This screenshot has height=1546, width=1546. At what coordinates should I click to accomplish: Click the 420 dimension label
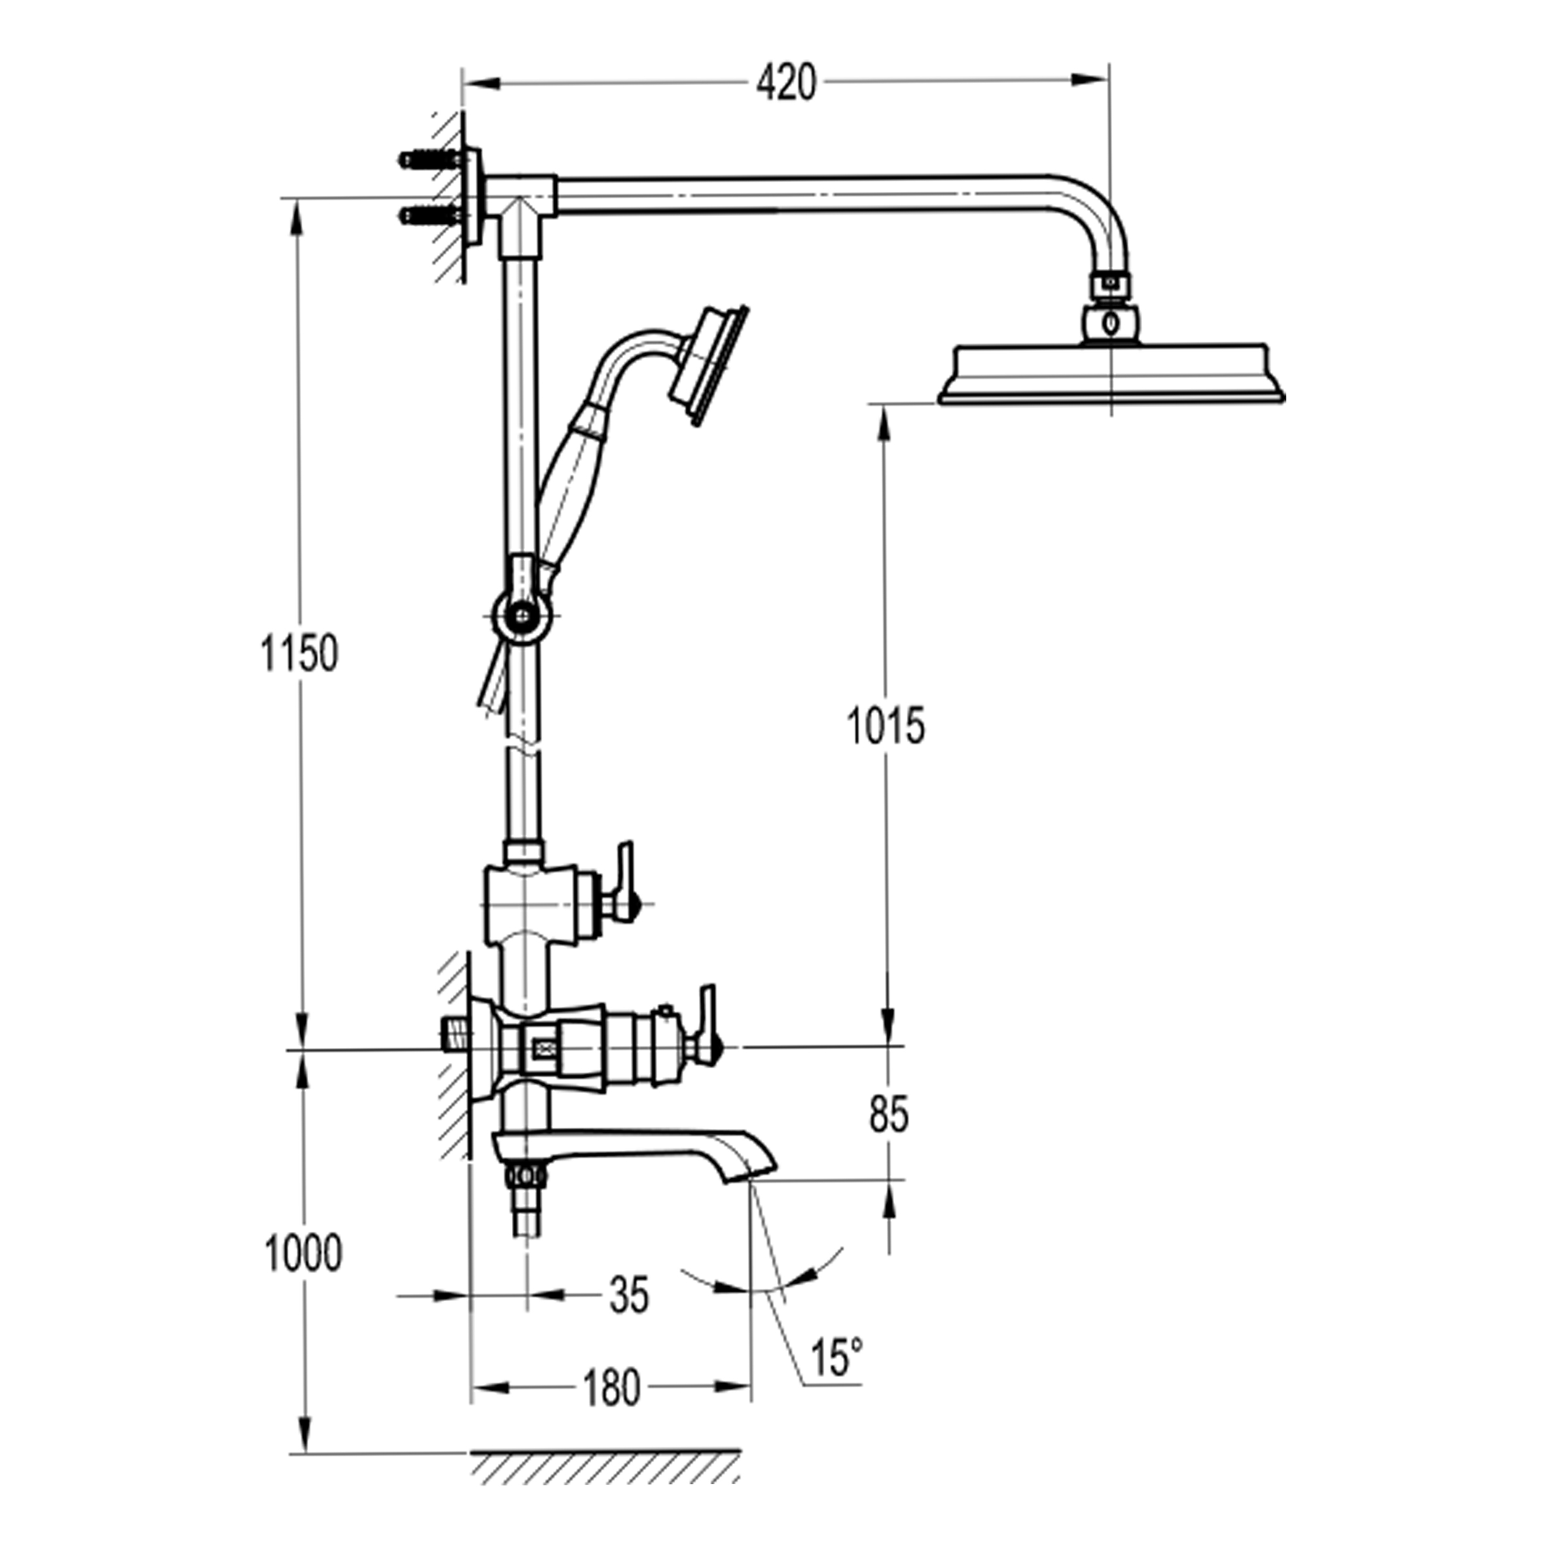(786, 83)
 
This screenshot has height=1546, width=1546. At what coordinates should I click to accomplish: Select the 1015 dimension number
(885, 726)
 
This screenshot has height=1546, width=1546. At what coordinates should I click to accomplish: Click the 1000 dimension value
(303, 1253)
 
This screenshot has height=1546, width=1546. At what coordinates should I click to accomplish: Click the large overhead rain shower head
(1111, 374)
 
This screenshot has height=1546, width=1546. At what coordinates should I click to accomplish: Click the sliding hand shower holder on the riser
(522, 600)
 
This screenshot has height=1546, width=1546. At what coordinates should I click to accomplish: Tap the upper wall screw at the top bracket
(432, 160)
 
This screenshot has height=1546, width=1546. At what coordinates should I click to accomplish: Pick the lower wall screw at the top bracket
(432, 215)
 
